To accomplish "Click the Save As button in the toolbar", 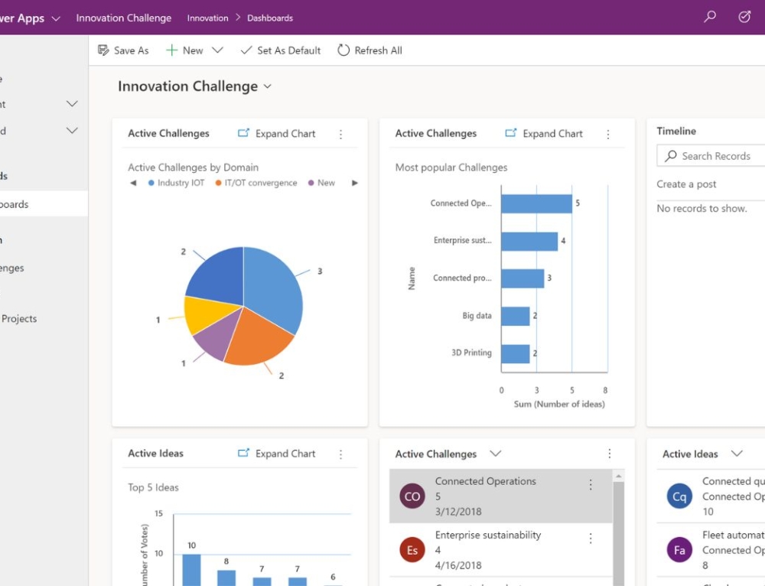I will point(123,50).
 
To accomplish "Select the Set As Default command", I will point(281,50).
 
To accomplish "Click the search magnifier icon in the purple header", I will point(710,17).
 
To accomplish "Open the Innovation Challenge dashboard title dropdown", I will point(267,86).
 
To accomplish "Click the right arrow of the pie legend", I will point(354,183).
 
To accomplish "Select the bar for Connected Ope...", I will point(536,203).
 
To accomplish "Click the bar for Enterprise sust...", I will point(529,241).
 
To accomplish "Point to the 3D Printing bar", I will point(516,353).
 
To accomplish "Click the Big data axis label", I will point(477,316).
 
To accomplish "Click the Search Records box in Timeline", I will point(715,156).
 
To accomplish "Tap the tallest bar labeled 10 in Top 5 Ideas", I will point(191,570).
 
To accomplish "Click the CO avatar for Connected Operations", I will point(412,496).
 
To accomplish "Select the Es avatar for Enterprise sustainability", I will point(412,550).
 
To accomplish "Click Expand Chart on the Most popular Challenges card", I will point(544,133).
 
